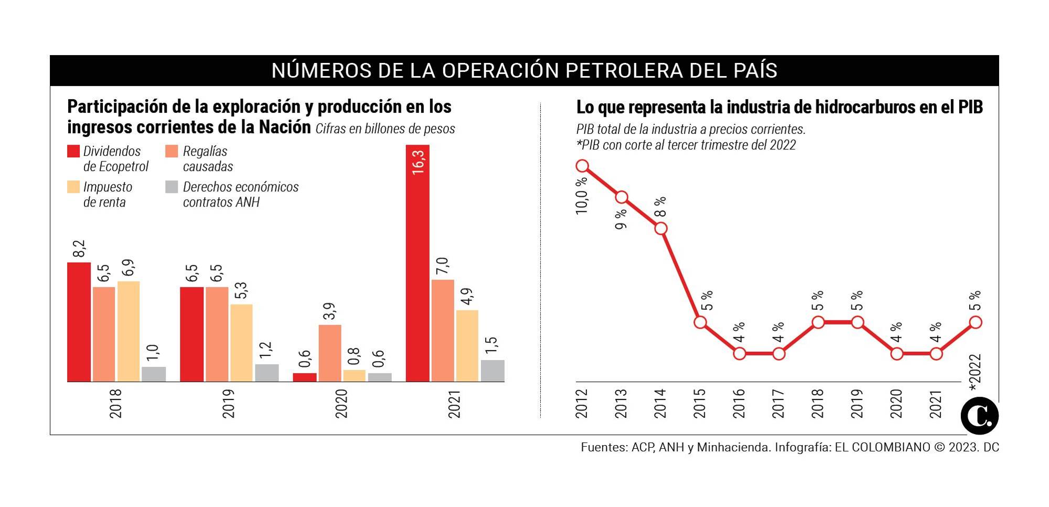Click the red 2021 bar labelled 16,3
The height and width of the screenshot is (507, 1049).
pyautogui.click(x=418, y=262)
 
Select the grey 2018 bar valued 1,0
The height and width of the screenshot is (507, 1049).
pyautogui.click(x=154, y=374)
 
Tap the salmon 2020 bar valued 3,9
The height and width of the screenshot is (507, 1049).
pyautogui.click(x=330, y=353)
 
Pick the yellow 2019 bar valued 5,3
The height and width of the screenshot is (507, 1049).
pyautogui.click(x=241, y=342)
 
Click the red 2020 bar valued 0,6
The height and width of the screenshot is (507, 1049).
pyautogui.click(x=305, y=377)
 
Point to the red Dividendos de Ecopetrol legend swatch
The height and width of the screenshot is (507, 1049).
pyautogui.click(x=73, y=151)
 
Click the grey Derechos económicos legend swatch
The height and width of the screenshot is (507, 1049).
pyautogui.click(x=172, y=187)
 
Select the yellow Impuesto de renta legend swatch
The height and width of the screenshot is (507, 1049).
pyautogui.click(x=73, y=187)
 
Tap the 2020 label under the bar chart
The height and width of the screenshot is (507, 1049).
pyautogui.click(x=341, y=403)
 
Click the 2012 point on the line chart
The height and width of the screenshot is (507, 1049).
pyautogui.click(x=582, y=166)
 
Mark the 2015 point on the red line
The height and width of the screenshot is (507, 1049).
pyautogui.click(x=700, y=322)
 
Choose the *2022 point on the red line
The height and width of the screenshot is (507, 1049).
pyautogui.click(x=976, y=322)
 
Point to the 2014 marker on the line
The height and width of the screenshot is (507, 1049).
pyautogui.click(x=661, y=229)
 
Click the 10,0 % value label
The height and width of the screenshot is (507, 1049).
pyautogui.click(x=582, y=196)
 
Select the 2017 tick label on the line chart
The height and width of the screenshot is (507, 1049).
pyautogui.click(x=778, y=403)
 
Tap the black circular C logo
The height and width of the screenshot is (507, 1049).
pyautogui.click(x=979, y=416)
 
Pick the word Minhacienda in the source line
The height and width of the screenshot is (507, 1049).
pyautogui.click(x=734, y=447)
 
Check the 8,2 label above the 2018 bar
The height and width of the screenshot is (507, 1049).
pyautogui.click(x=79, y=249)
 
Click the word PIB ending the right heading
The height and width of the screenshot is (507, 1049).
pyautogui.click(x=970, y=107)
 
